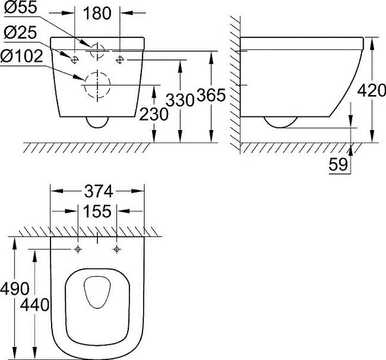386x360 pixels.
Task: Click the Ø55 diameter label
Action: click(x=21, y=7)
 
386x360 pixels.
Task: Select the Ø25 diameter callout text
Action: click(x=20, y=32)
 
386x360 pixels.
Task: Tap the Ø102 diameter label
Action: click(x=21, y=56)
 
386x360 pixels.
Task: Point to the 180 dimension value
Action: click(x=97, y=13)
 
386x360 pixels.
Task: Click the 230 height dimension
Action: click(x=154, y=115)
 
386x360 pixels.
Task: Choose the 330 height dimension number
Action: click(x=181, y=100)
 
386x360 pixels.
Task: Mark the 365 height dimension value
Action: click(x=211, y=95)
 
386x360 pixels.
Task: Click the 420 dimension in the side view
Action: click(x=372, y=90)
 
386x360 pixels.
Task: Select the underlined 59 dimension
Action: click(x=338, y=165)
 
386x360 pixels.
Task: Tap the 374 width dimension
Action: click(x=99, y=191)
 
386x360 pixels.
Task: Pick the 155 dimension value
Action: click(x=97, y=211)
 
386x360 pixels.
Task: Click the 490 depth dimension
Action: click(x=15, y=289)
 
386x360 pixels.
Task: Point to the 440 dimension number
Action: click(x=34, y=305)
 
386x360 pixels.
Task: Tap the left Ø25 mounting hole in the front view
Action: click(x=74, y=59)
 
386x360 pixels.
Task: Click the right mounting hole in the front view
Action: click(x=120, y=59)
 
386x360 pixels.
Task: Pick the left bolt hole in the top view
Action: click(x=78, y=250)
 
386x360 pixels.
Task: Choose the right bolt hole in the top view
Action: click(x=116, y=250)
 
